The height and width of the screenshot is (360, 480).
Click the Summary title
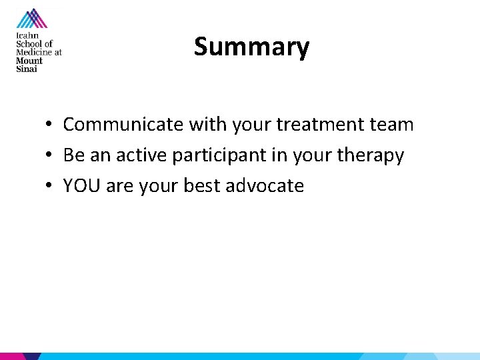pos(251,47)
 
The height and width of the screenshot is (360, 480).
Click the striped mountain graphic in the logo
pos(31,19)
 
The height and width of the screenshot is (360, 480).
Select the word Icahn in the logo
pos(27,36)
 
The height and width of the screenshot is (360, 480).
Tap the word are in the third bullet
pos(119,187)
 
